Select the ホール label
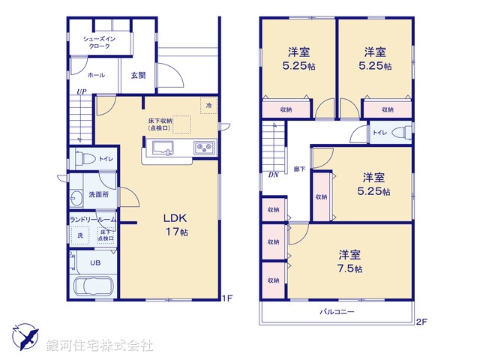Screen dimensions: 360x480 pyautogui.click(x=96, y=75)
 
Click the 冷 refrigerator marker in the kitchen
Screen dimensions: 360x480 pyautogui.click(x=209, y=106)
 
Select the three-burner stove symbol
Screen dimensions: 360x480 pyautogui.click(x=204, y=146)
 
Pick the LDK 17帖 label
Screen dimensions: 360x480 pyautogui.click(x=176, y=225)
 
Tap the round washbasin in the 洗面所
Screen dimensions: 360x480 pyautogui.click(x=76, y=199)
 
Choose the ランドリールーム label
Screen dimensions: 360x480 pyautogui.click(x=91, y=219)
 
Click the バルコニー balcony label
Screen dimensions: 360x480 pyautogui.click(x=337, y=311)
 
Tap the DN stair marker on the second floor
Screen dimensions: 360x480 pyautogui.click(x=273, y=175)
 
